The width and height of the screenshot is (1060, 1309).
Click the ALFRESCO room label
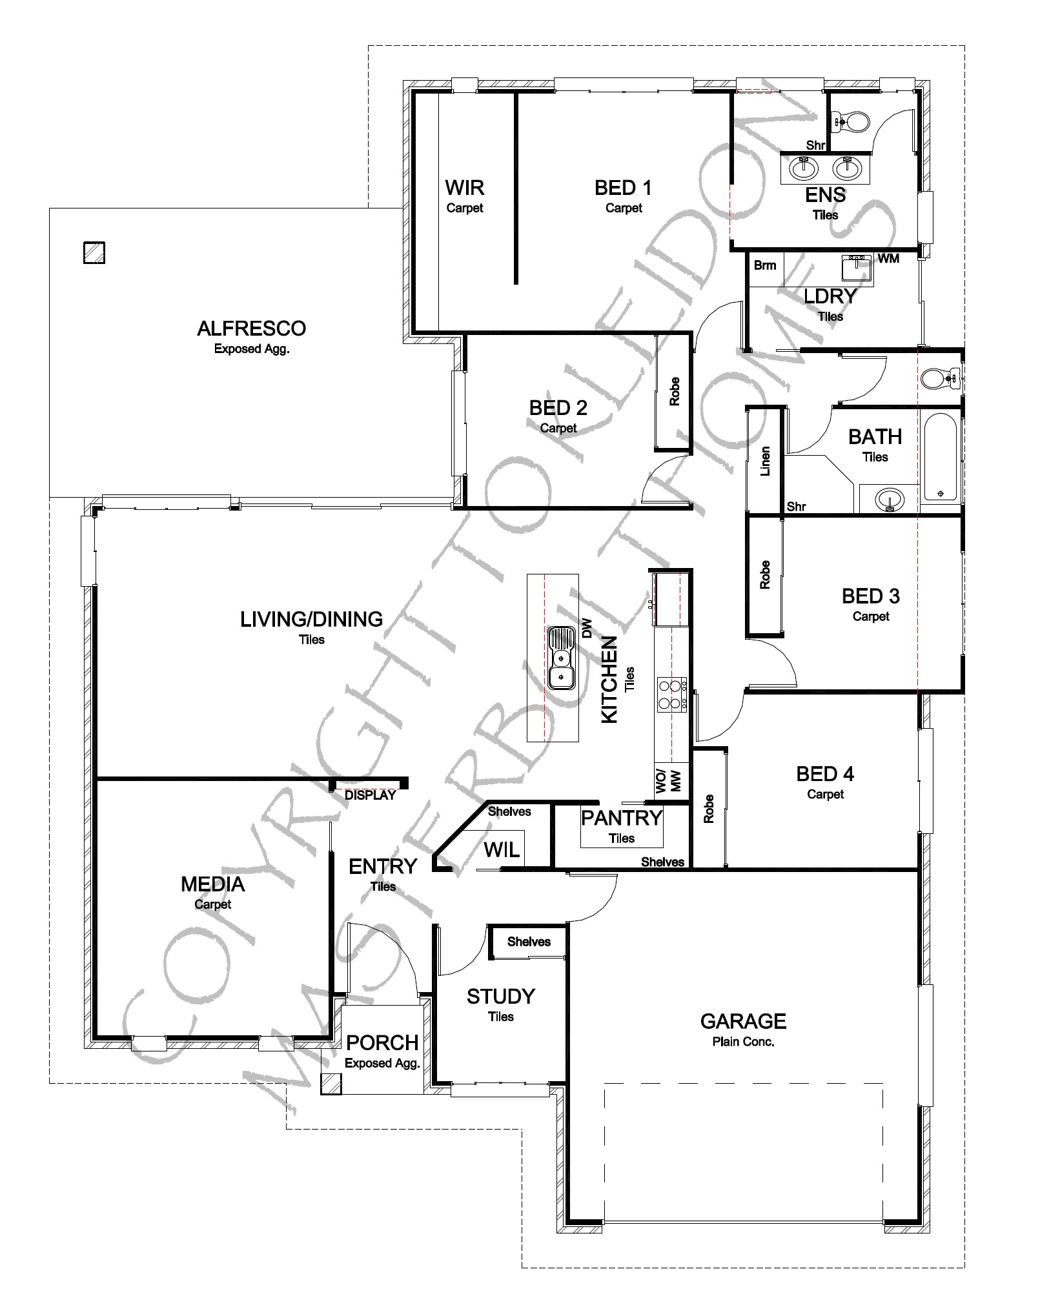[251, 329]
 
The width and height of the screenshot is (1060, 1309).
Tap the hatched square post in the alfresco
[94, 252]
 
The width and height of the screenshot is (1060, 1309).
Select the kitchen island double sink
[561, 658]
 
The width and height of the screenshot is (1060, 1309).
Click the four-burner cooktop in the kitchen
[671, 695]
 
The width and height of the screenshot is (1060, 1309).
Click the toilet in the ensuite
[852, 121]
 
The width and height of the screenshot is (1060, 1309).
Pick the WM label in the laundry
[888, 258]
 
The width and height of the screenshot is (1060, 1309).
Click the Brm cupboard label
[765, 265]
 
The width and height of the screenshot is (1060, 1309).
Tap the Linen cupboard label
[766, 461]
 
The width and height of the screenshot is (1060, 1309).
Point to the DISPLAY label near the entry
[370, 795]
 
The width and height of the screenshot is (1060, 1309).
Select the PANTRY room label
[622, 818]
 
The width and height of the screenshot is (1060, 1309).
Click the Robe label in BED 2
[675, 391]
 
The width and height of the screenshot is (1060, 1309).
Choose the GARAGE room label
[743, 1021]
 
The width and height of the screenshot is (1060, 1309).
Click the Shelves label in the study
[529, 942]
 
